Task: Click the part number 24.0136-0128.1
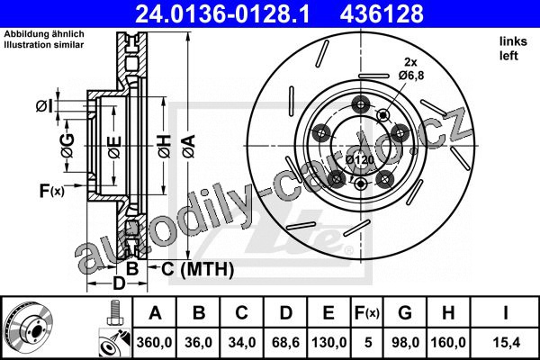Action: click(222, 13)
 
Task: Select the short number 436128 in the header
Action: click(382, 13)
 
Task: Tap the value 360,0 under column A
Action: click(154, 342)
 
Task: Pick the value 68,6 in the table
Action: click(285, 342)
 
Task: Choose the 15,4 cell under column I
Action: click(506, 342)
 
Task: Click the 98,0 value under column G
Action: click(405, 342)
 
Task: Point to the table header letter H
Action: click(448, 313)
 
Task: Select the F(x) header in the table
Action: click(367, 313)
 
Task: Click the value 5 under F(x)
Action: click(368, 342)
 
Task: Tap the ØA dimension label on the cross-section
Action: click(189, 147)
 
